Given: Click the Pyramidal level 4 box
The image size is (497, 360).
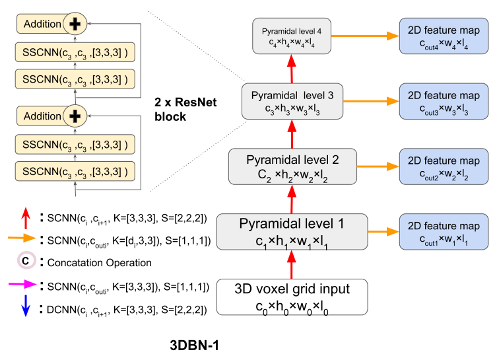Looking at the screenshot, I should (x=291, y=36).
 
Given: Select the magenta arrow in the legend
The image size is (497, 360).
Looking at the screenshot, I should (x=20, y=285).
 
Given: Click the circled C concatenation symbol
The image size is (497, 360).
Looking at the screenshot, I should (x=24, y=262).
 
